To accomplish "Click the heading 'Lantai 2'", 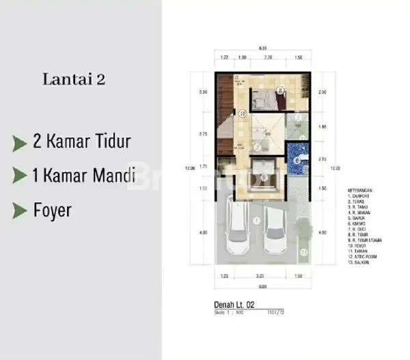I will coord(73,79).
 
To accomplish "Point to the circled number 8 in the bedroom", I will coord(280,90).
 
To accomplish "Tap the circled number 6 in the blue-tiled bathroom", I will coord(297,161).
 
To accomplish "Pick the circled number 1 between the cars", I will coord(254,220).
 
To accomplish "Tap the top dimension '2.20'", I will coord(269,58).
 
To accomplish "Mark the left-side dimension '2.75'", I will coord(204,135).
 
